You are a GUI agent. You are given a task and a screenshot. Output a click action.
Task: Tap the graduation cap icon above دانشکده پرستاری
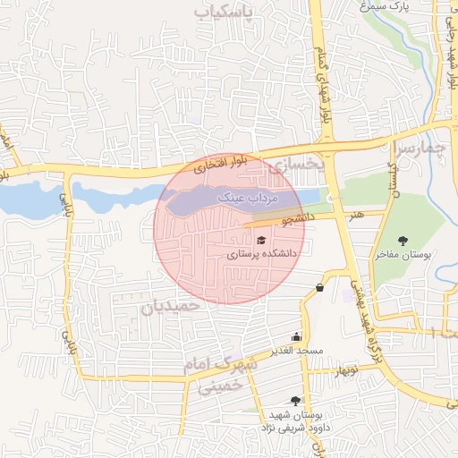click(x=261, y=240)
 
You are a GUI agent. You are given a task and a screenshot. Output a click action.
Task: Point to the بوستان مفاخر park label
click(x=403, y=254)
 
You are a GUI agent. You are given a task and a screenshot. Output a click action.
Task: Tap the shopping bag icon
click(x=319, y=287)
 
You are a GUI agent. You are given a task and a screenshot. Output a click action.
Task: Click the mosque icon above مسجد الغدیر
click(x=296, y=337)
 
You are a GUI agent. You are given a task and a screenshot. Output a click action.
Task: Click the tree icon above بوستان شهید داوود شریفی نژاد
click(x=294, y=402)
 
